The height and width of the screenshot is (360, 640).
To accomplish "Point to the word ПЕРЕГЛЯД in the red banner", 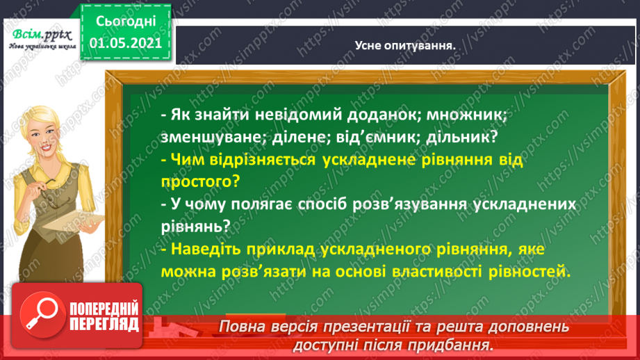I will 104,325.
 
